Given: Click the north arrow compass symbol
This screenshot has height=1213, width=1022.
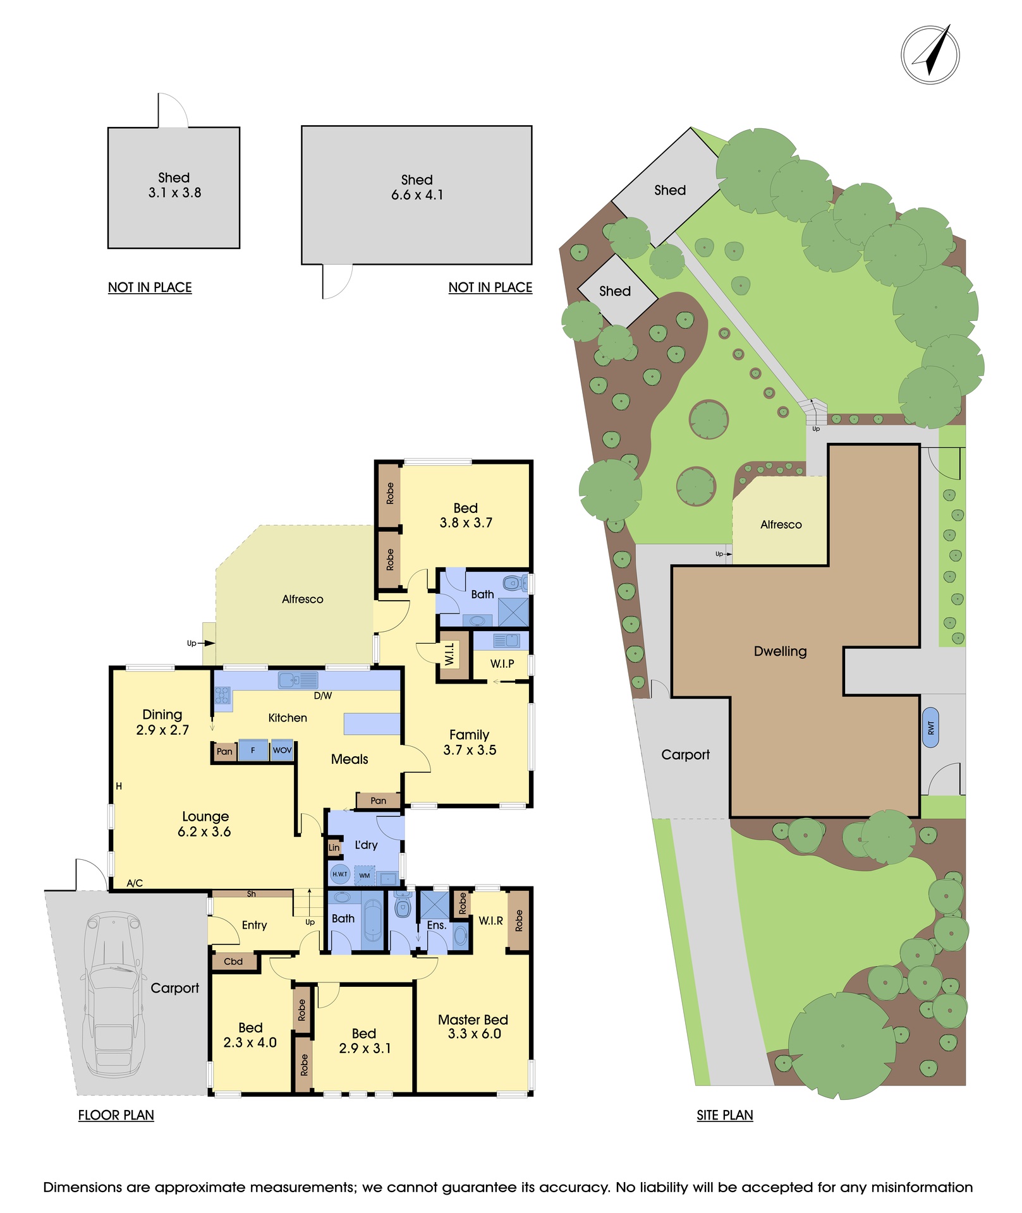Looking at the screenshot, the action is tap(930, 55).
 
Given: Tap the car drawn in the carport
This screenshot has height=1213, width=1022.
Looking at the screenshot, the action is tap(113, 994).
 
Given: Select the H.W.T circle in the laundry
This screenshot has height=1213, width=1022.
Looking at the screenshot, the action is tap(340, 874).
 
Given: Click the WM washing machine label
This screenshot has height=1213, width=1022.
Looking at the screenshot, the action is tap(365, 876).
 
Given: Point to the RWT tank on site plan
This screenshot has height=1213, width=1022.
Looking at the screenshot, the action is tap(930, 728).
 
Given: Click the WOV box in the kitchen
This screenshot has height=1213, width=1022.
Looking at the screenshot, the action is tap(282, 751).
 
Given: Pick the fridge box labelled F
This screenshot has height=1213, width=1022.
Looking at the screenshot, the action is tap(253, 751).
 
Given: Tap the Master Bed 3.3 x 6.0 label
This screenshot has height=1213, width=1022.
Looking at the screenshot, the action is tap(473, 1027).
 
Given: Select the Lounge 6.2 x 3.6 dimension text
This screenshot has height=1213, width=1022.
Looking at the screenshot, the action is tap(204, 824).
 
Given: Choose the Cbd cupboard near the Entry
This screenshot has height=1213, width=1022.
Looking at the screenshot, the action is tap(233, 962).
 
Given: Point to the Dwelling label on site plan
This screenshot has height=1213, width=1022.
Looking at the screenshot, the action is tap(780, 651).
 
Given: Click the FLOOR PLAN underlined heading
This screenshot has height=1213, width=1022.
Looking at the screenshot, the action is tap(116, 1115).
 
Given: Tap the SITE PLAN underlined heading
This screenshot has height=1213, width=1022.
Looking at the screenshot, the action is tap(725, 1115).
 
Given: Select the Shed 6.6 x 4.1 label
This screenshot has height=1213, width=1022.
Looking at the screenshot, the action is tap(417, 188).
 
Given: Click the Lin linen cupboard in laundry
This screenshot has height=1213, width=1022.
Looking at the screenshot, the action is tap(334, 847).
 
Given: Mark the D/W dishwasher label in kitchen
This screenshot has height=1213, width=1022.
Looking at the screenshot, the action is tap(323, 696).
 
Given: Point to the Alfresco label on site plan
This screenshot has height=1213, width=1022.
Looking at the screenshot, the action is tap(781, 524).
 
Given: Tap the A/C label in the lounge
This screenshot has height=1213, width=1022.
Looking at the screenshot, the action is tap(135, 883).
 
